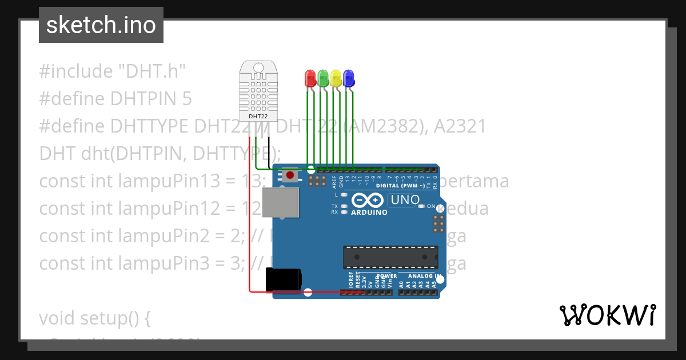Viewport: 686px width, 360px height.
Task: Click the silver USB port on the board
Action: tap(280, 203)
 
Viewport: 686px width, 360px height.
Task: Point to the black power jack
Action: tap(284, 279)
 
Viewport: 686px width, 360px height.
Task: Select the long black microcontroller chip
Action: tap(390, 257)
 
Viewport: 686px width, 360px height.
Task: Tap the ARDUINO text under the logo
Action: tap(369, 212)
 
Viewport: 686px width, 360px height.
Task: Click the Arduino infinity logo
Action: tap(369, 201)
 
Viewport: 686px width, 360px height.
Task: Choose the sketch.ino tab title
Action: tap(101, 25)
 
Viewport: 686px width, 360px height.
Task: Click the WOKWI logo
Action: tap(607, 315)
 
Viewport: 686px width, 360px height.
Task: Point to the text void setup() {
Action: tap(95, 318)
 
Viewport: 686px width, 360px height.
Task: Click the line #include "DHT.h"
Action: tap(113, 71)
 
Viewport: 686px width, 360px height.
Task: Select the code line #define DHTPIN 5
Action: tap(115, 99)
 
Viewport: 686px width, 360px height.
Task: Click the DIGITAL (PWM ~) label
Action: tap(400, 186)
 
